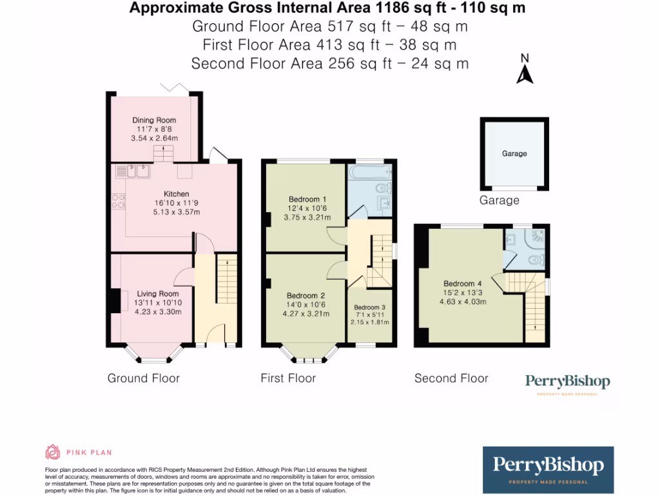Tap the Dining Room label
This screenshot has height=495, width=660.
(x=154, y=120)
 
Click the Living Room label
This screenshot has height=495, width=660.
(x=158, y=294)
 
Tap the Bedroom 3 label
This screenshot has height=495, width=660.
(x=369, y=307)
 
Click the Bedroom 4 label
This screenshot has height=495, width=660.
(x=462, y=284)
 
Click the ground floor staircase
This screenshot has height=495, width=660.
(x=226, y=277)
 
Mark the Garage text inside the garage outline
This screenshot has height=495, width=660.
(x=514, y=153)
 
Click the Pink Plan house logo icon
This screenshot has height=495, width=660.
(x=52, y=451)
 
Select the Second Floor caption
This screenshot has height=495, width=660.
(x=451, y=378)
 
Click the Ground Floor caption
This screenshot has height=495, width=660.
(x=143, y=378)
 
